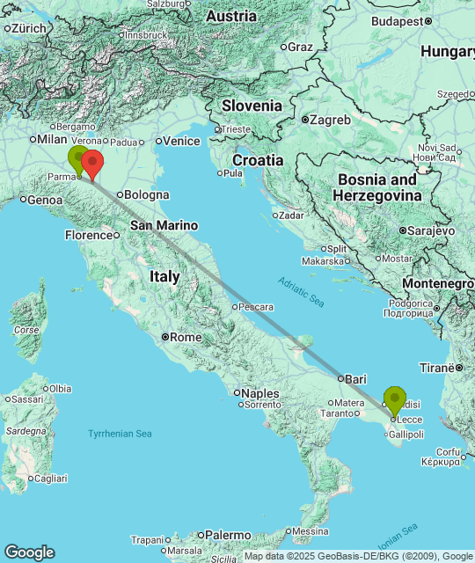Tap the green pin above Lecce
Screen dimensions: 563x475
click(395, 399)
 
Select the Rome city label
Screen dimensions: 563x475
click(185, 337)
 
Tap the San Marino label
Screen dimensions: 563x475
click(164, 225)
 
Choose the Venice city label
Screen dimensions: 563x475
click(182, 141)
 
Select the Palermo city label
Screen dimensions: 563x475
click(228, 534)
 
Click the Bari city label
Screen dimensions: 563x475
click(355, 378)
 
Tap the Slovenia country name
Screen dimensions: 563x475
click(252, 106)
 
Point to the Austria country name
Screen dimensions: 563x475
click(230, 17)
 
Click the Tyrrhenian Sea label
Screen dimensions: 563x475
click(120, 434)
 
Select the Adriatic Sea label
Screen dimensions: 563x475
click(301, 290)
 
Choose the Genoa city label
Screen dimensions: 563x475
click(45, 200)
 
